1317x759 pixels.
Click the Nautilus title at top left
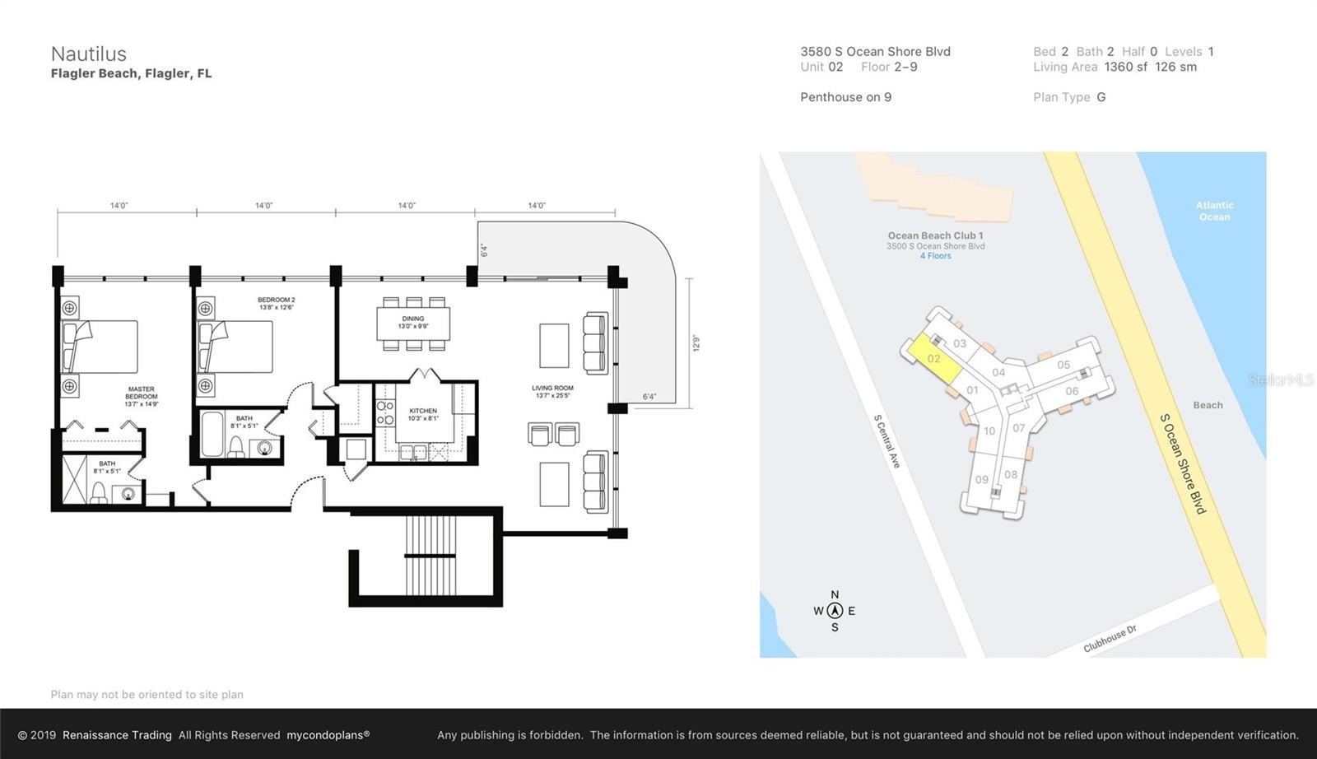point(89,54)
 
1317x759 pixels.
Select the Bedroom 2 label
point(276,303)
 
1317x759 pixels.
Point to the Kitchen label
point(423,413)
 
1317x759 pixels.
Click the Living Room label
point(552,391)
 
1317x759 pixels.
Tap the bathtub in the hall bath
point(212,434)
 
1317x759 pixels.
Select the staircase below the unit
point(430,556)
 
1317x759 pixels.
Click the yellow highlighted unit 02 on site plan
point(933,360)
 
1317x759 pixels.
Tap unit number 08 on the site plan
point(1011,474)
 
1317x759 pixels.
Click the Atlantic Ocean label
point(1214,211)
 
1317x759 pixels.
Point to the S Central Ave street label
point(887,441)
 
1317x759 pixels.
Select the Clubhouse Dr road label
point(1110,639)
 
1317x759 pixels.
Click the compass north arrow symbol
point(835,611)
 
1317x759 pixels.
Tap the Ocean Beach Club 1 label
point(935,235)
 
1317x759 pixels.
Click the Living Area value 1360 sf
point(1125,67)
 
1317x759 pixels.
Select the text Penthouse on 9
point(845,97)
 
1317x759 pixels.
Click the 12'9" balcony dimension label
point(696,342)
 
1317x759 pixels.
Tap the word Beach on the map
point(1208,405)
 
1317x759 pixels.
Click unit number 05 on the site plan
point(1063,365)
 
